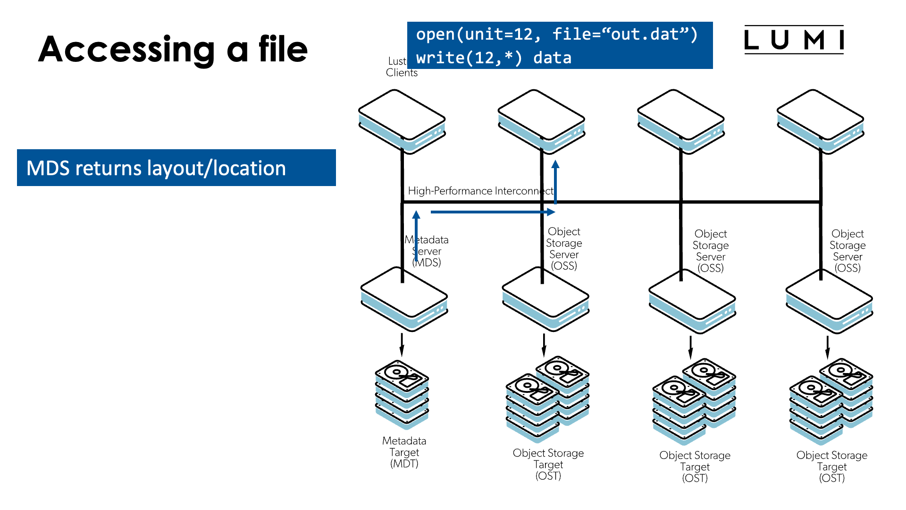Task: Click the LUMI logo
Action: click(794, 40)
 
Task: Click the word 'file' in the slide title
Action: click(283, 49)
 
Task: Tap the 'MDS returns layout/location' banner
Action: click(176, 168)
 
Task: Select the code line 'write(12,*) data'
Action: click(493, 58)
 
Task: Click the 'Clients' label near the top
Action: click(402, 73)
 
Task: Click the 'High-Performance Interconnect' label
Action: click(480, 191)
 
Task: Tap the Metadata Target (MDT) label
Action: click(404, 452)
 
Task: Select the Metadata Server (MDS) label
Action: click(428, 251)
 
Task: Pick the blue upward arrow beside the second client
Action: click(555, 182)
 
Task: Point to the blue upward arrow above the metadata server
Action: click(416, 236)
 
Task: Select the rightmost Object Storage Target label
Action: click(831, 466)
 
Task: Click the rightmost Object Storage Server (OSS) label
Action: click(847, 251)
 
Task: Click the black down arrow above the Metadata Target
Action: click(402, 345)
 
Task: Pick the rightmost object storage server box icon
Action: click(829, 301)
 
